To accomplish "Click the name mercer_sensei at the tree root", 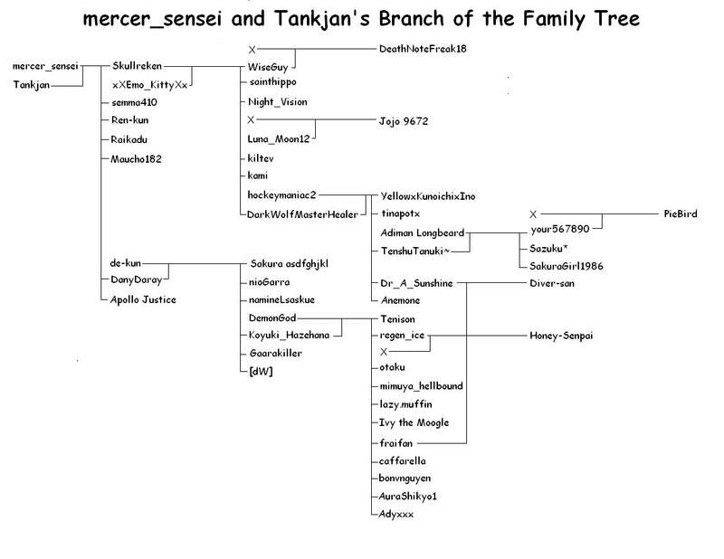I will point(46,67).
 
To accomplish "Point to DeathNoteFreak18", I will point(425,49).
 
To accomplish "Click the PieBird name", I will point(681,213).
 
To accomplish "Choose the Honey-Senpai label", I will point(561,335).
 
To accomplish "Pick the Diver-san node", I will point(553,283).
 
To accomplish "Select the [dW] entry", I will point(261,371).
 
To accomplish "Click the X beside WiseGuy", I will point(252,49).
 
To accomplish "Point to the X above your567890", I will point(534,213).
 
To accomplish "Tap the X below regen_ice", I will point(384,351).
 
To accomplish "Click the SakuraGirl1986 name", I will point(561,266).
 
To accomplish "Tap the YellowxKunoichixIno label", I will point(430,196).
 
